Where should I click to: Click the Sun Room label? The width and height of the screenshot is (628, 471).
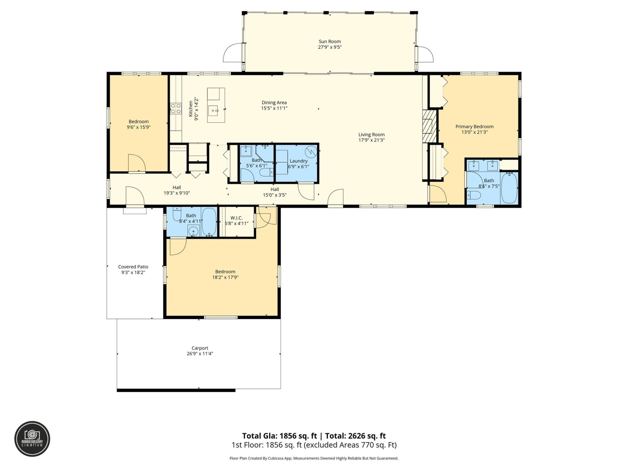coord(330,42)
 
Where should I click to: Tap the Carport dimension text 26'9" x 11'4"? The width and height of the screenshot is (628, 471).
coord(200,354)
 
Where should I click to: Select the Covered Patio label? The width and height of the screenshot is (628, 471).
coord(133,267)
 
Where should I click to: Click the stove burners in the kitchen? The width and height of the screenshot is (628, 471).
coord(176,108)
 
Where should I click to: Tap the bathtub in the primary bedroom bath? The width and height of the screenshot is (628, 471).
coord(509,188)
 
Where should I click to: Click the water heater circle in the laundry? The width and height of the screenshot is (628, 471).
coord(311,152)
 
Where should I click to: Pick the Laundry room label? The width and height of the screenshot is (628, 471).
coord(298,161)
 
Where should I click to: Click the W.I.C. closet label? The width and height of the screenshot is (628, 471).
coord(236,218)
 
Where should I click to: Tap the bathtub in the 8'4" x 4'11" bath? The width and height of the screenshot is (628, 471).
coord(209,222)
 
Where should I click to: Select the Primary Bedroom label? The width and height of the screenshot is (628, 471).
coord(474,127)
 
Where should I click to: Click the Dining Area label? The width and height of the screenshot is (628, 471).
coord(274,103)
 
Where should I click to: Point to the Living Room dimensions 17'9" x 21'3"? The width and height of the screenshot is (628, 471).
coord(372,140)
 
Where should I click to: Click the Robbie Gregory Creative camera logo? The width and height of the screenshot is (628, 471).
coord(32,439)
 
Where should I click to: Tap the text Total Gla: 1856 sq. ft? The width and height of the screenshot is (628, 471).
coord(279,436)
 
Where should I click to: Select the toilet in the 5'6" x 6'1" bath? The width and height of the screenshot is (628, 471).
coord(266,172)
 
